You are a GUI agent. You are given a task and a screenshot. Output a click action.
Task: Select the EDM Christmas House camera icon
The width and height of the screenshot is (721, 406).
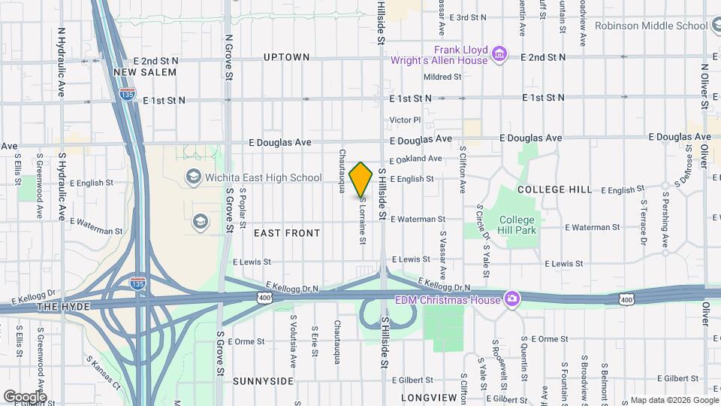(513, 299)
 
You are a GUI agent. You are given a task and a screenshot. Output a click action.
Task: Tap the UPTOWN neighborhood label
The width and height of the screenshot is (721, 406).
(286, 57)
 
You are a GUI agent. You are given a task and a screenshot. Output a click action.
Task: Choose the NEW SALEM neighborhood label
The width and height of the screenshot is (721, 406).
(145, 72)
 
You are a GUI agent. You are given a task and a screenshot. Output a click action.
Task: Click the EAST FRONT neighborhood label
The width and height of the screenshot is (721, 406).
(287, 233)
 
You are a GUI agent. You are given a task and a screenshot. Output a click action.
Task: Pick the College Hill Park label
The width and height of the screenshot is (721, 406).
(518, 225)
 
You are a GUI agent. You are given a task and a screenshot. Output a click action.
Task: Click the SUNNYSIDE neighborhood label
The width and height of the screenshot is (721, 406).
(263, 381)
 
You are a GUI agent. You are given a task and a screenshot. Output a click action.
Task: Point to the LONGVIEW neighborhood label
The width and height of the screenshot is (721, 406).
(429, 397)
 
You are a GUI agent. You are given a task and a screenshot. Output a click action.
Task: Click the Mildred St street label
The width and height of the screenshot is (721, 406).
(442, 77)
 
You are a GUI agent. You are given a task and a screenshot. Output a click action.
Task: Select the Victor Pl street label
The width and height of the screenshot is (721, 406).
(406, 120)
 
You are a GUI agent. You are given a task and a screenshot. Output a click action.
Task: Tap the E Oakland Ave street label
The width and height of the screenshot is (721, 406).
(415, 159)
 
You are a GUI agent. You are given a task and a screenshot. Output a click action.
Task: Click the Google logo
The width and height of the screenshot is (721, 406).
(25, 396)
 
